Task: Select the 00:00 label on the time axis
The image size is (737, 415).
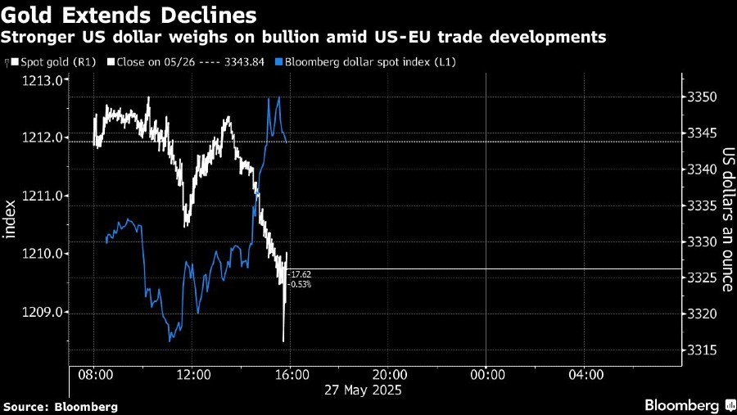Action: (x=486, y=374)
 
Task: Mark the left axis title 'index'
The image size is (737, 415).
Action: (x=11, y=219)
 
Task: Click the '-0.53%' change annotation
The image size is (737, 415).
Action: (x=300, y=284)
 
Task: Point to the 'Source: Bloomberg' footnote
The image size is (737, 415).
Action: (x=61, y=406)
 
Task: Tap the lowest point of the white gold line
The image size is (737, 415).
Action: (x=283, y=341)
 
